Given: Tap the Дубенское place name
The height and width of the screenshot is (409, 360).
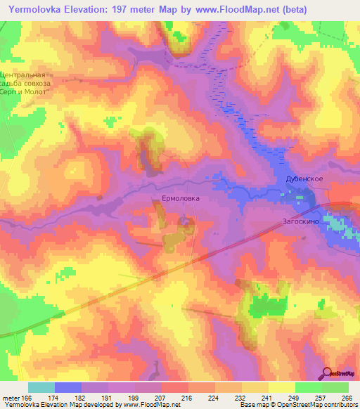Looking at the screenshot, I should [x=304, y=179].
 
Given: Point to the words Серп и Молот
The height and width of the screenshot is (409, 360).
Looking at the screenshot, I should [x=26, y=91].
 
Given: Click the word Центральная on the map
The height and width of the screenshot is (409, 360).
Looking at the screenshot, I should [x=26, y=74].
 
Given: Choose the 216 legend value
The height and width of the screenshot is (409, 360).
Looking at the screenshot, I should [x=186, y=398].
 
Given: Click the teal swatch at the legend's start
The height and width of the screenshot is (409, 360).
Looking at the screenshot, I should [x=41, y=387].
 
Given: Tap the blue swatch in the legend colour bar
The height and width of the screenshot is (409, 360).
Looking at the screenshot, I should [x=67, y=387].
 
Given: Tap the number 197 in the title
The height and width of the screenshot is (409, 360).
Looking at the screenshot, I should [x=127, y=8].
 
